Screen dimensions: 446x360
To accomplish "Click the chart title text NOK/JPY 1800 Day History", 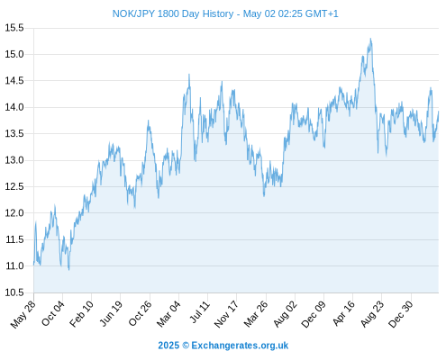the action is [173, 13].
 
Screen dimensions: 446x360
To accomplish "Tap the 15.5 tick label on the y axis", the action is [14, 28].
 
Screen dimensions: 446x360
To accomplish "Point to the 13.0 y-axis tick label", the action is [14, 160].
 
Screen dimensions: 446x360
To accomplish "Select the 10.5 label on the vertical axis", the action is [14, 292].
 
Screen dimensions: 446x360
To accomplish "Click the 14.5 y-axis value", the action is [14, 81].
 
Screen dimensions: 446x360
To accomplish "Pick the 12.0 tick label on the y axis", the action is [14, 213].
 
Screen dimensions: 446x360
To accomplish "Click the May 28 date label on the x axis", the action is [23, 314].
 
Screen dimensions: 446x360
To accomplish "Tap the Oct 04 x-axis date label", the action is [53, 313].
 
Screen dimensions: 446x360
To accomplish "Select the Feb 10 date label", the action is [81, 314].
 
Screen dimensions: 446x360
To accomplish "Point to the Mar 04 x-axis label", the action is [168, 314].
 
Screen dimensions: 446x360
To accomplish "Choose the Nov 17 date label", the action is [226, 314].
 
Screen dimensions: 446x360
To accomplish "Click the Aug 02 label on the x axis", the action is [285, 314].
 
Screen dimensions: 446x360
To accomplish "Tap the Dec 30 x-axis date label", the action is [401, 314].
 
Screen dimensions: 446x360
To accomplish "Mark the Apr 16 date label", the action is [343, 313].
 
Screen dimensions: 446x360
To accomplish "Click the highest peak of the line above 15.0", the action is [370, 39].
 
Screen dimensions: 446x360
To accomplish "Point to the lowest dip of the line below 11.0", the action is [68, 270].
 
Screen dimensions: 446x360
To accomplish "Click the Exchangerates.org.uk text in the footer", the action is [240, 346].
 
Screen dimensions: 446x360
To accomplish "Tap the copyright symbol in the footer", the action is [186, 346].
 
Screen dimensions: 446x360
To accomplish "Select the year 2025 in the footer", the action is [168, 346].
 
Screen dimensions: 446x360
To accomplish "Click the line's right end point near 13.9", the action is [438, 112].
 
